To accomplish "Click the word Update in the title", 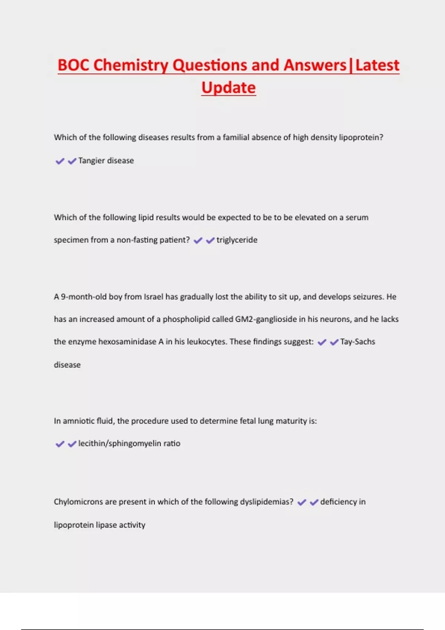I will click(228, 88).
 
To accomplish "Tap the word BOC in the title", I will click(73, 65).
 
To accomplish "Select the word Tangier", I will click(92, 161).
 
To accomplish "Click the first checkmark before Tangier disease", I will click(60, 161).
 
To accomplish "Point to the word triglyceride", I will click(237, 240).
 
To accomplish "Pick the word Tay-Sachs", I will click(357, 342).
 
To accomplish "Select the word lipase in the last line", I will click(106, 525).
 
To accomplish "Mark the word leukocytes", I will click(207, 342).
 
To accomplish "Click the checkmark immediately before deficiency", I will click(314, 503).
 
